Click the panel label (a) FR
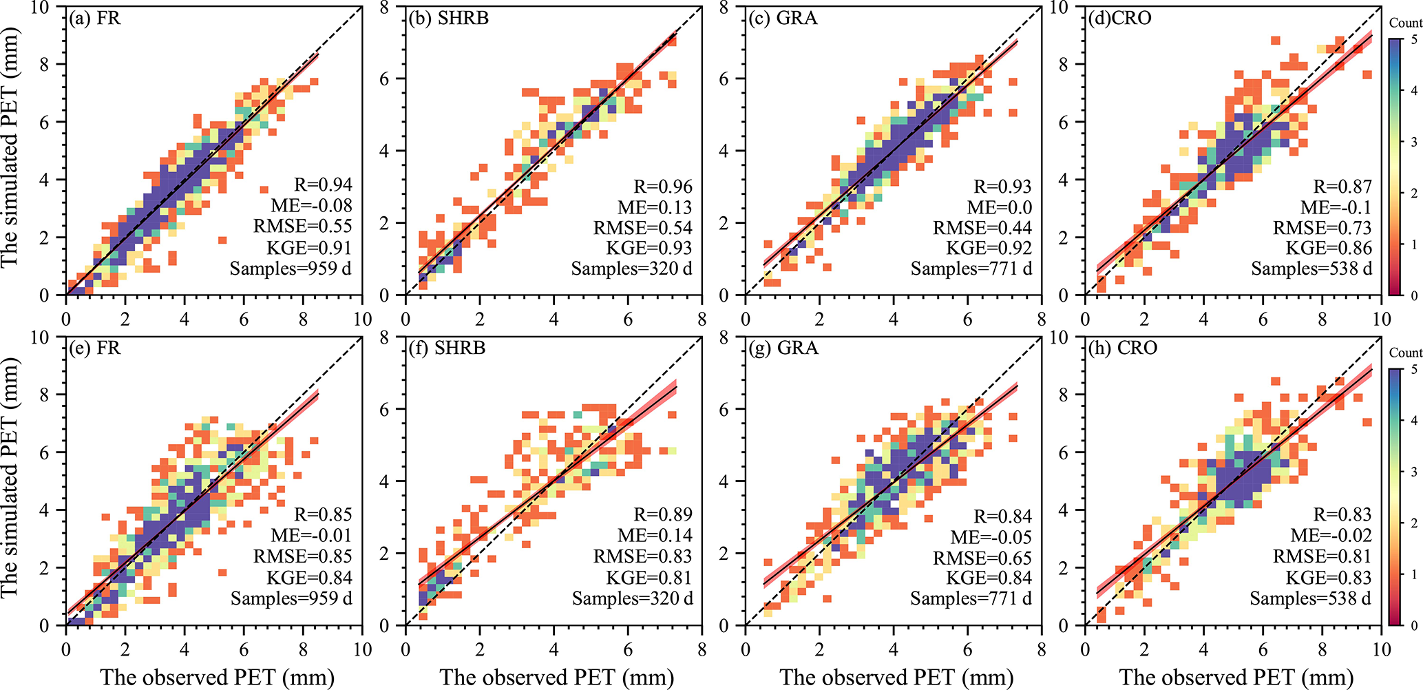point(95,18)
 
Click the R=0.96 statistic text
point(663,187)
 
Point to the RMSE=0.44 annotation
point(982,228)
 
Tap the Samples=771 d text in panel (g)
point(971,598)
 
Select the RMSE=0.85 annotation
point(302,556)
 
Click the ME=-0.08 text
point(311,205)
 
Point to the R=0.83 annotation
point(1342,514)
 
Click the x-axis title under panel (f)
point(556,678)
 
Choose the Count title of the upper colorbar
point(1406,23)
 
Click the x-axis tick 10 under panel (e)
point(362,649)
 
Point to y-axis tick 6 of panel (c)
point(723,79)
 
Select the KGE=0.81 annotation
point(649,577)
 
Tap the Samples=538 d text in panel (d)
point(1311,269)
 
